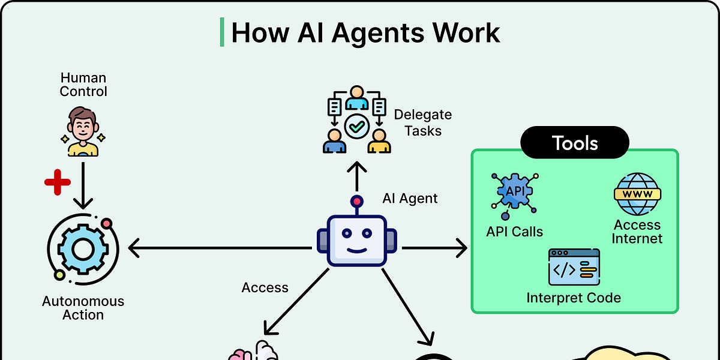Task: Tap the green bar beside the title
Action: (222, 32)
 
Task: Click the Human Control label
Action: (83, 85)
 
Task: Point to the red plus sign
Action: (58, 182)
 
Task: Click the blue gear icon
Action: (83, 249)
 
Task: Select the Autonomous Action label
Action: (83, 308)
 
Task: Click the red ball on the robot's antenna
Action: (357, 202)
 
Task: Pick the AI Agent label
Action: (410, 199)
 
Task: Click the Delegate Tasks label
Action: (422, 123)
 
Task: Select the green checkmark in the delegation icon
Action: (357, 127)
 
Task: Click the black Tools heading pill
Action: (575, 142)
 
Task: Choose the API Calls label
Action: (514, 232)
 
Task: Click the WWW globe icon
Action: (637, 194)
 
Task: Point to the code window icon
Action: (574, 267)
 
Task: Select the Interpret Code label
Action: (574, 298)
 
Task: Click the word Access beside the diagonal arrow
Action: (265, 287)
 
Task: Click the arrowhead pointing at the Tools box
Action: (462, 248)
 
